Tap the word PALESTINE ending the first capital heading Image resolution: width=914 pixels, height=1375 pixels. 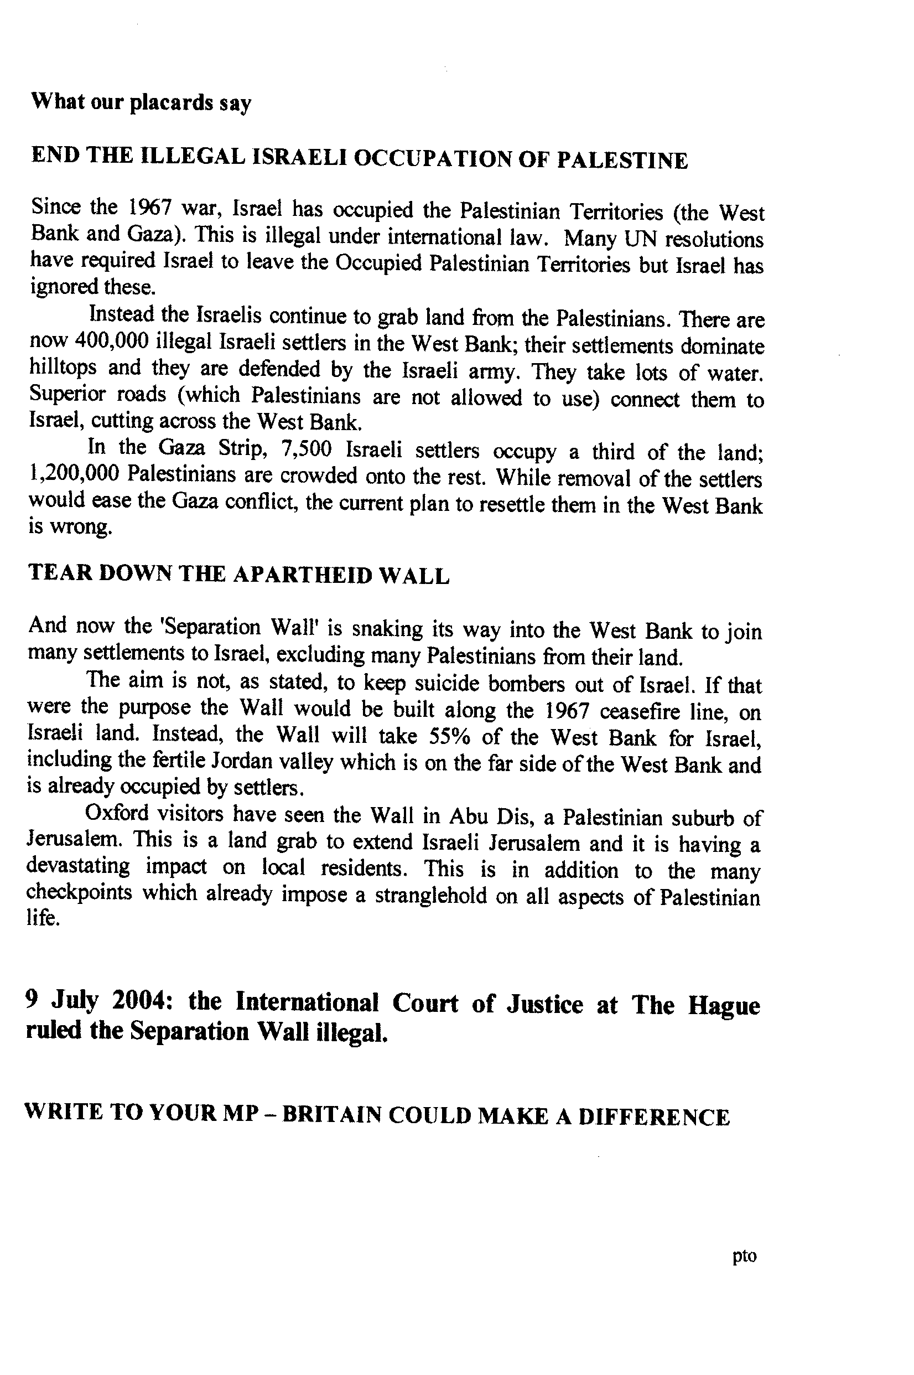click(x=622, y=161)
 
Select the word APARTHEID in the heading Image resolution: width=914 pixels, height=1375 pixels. click(x=303, y=576)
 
